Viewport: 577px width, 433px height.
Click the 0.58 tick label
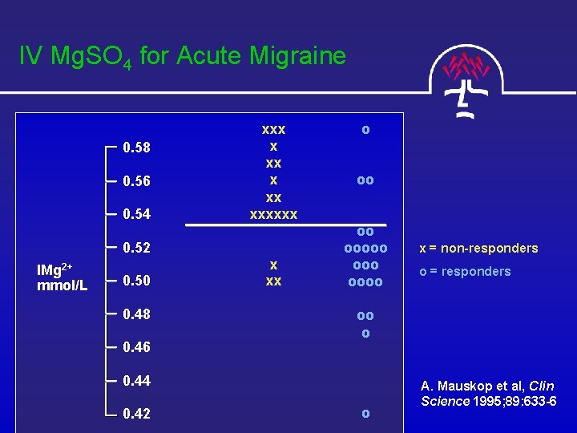137,148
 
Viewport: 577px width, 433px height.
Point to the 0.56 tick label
137,181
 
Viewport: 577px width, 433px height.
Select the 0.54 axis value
137,215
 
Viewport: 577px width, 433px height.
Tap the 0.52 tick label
137,249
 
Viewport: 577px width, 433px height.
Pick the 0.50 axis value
137,281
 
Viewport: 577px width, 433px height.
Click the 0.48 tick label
137,314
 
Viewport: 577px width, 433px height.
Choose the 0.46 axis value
137,348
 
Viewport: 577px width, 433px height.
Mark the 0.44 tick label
137,380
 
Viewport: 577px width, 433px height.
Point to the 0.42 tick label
137,414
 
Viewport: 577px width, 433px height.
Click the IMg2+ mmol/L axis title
63,277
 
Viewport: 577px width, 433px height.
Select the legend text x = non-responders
478,249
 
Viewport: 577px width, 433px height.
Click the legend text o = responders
465,271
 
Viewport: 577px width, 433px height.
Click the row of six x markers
273,214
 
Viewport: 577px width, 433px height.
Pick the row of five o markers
365,248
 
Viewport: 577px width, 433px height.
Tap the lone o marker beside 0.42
365,413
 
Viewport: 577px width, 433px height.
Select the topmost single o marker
365,128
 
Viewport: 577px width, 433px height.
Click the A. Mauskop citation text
488,393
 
